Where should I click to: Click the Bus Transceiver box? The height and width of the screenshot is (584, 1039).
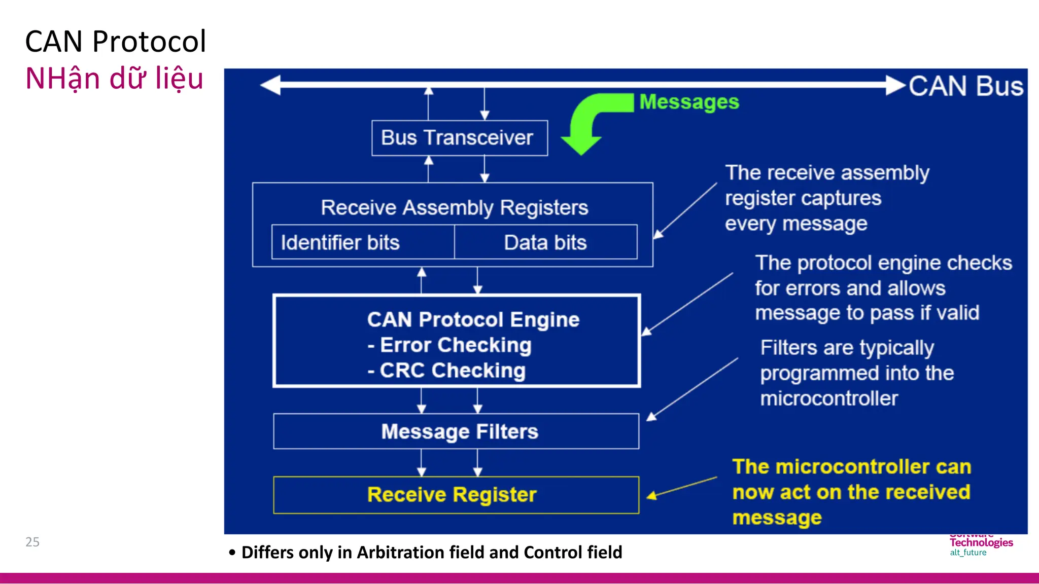tap(459, 138)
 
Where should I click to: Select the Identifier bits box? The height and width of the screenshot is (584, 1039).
tap(362, 242)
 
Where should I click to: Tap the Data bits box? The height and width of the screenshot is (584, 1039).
tap(545, 242)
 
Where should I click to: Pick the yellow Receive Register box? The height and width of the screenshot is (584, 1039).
tap(456, 495)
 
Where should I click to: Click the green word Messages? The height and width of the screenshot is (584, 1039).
tap(689, 102)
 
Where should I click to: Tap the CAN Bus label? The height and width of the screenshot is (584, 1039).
tap(965, 86)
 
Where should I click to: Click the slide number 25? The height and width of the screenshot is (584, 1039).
tap(32, 542)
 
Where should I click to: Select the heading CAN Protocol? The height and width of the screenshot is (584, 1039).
tap(116, 42)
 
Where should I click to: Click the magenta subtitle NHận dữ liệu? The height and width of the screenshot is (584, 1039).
tap(115, 79)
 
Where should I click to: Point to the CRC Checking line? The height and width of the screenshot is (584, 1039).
tap(452, 371)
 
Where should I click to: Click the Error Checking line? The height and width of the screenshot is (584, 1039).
tap(455, 345)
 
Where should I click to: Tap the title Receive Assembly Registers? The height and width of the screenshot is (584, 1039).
tap(454, 208)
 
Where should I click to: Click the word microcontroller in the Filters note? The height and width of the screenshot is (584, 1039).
tap(828, 398)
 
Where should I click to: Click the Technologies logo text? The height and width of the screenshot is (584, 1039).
tap(981, 542)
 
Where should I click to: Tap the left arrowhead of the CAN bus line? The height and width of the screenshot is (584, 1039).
tap(270, 85)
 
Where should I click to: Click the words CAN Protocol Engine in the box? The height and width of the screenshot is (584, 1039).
tap(473, 320)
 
